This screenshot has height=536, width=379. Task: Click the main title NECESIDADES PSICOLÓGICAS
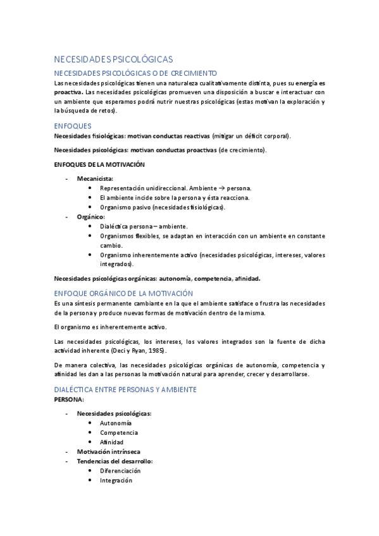point(113,59)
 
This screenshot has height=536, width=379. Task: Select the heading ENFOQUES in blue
point(73,126)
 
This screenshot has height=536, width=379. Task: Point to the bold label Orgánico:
point(90,217)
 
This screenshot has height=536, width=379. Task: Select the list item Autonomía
point(116,423)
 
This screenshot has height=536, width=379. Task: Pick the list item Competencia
point(118,433)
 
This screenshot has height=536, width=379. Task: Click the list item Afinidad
point(111,442)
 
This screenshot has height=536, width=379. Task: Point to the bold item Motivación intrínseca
point(108,452)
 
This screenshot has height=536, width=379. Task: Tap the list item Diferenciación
point(120,471)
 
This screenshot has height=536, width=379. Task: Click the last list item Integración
point(116,480)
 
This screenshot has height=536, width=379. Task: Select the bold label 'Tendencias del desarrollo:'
point(115,461)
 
